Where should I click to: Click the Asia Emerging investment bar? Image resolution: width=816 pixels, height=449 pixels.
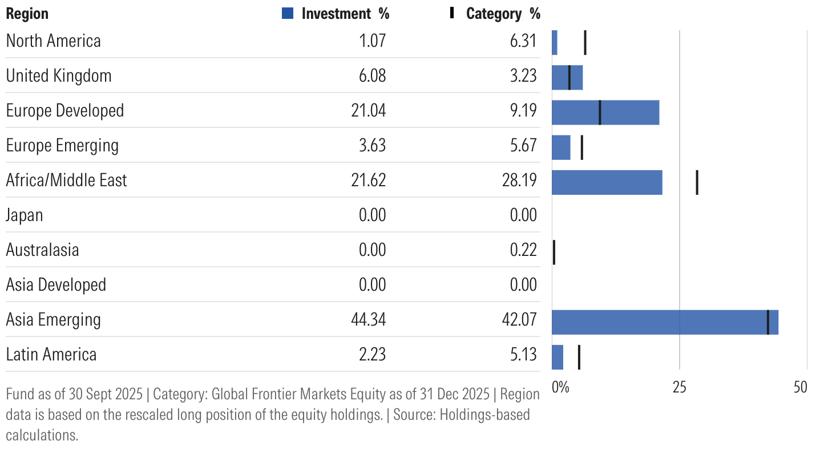[x=665, y=322]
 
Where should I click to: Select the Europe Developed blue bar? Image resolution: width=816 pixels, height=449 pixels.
[x=605, y=113]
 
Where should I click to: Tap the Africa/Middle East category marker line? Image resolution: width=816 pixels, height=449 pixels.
[x=697, y=182]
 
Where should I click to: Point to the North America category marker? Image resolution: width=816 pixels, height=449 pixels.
[x=585, y=43]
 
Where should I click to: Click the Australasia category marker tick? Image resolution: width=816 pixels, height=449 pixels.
[x=554, y=252]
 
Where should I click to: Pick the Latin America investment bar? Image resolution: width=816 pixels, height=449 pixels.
[x=558, y=357]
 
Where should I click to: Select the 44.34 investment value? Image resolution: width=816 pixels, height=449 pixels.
[x=369, y=319]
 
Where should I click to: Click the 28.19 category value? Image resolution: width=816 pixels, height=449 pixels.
[x=519, y=180]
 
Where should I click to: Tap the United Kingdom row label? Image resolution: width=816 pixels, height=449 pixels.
[x=59, y=75]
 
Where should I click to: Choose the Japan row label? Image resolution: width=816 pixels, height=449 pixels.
[x=25, y=215]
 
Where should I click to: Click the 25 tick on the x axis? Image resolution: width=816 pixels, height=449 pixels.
[x=679, y=387]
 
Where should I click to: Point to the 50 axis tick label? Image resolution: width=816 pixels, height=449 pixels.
[x=801, y=387]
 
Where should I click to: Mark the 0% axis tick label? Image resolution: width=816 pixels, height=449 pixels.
[x=560, y=387]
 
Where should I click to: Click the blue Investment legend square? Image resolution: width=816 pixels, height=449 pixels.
[x=288, y=14]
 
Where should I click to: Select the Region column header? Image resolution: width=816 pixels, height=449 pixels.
[x=27, y=14]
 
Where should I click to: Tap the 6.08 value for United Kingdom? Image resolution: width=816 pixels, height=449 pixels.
[x=370, y=75]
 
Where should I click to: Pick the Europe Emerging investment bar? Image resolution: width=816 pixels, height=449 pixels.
[x=561, y=147]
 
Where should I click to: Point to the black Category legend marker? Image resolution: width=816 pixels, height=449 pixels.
[x=452, y=13]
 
